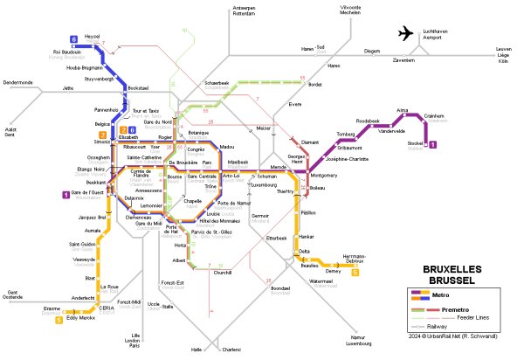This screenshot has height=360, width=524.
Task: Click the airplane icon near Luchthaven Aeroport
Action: tap(407, 33)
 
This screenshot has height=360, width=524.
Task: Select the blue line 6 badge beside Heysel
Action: tap(74, 38)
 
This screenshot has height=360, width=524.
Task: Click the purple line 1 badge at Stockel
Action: tap(445, 144)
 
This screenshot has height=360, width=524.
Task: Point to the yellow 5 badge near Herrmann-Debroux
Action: tap(355, 272)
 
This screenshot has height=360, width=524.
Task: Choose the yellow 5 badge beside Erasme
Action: tap(59, 320)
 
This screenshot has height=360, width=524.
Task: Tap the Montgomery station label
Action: tap(324, 176)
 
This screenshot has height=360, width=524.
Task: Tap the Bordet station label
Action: tap(315, 85)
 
